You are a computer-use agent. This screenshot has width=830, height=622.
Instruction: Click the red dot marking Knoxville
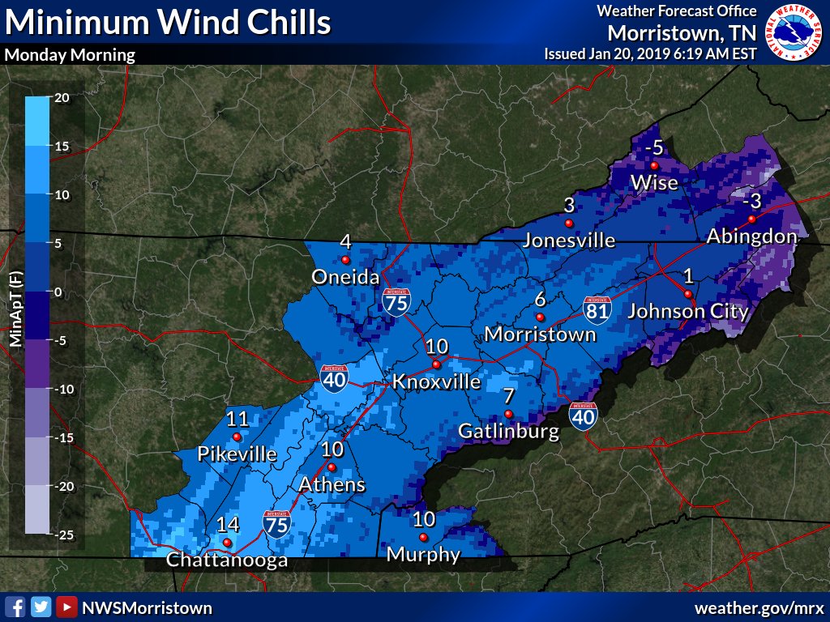(x=436, y=364)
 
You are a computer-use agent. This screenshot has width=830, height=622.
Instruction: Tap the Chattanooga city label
(x=227, y=560)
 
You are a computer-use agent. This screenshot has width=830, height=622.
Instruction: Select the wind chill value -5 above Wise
(x=653, y=148)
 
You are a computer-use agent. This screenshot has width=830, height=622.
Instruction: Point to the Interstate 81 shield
(x=595, y=309)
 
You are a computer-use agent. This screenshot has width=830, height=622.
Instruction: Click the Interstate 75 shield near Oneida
(x=397, y=300)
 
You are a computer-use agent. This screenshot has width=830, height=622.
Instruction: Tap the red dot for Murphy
(x=422, y=538)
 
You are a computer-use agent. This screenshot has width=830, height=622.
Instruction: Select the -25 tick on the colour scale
(x=64, y=535)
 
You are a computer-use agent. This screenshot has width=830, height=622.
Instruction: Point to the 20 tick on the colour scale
(x=62, y=97)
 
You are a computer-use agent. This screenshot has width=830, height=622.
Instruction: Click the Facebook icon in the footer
(x=14, y=607)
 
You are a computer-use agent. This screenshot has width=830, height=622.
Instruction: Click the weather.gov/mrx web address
(x=759, y=607)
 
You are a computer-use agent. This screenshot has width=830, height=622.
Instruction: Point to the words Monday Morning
(x=70, y=56)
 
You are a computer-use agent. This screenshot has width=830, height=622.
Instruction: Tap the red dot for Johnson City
(x=687, y=293)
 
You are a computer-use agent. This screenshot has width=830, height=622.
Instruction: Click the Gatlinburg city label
(x=509, y=431)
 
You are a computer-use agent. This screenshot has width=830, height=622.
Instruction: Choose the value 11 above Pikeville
(x=237, y=419)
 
